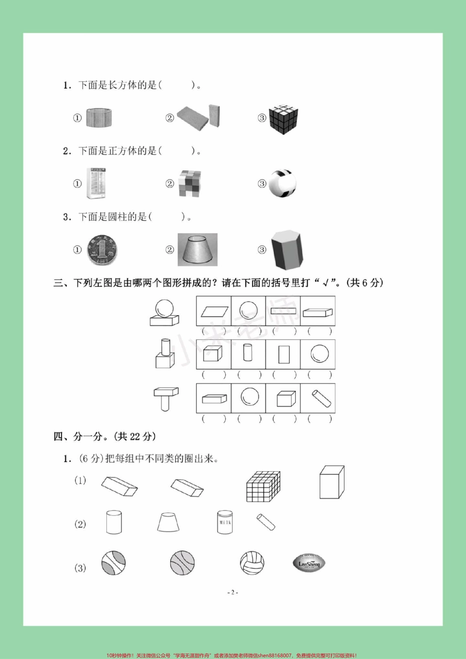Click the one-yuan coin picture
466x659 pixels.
tap(101, 250)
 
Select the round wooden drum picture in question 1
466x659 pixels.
tap(100, 118)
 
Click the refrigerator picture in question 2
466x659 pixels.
tap(96, 184)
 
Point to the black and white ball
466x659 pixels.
tap(283, 183)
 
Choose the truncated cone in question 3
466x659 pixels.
tap(197, 250)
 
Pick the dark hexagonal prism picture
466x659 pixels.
tap(286, 250)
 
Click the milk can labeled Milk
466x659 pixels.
tap(225, 522)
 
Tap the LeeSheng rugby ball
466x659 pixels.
tap(309, 563)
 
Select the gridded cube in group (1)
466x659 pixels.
tap(263, 486)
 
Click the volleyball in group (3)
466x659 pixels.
tap(252, 563)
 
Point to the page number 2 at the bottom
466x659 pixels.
tap(233, 592)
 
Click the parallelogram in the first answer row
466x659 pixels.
tap(213, 311)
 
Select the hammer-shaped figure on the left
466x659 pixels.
tap(166, 399)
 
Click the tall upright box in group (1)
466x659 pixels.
tap(332, 482)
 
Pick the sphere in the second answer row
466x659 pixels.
tap(318, 354)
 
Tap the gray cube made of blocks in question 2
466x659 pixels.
tap(190, 184)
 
